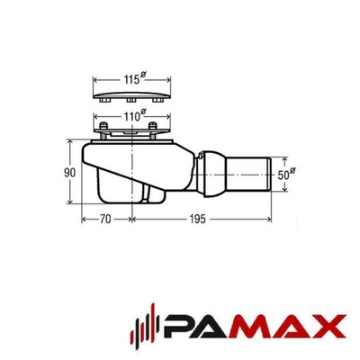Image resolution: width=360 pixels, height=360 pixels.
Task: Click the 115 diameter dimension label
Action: tap(134, 79)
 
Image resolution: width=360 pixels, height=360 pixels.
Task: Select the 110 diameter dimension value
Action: tap(134, 116)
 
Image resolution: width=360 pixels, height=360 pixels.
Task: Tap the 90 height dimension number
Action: tap(70, 173)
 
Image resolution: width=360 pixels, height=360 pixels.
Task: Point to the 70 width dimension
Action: tap(105, 220)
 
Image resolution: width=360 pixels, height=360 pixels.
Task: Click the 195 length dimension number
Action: tap(197, 220)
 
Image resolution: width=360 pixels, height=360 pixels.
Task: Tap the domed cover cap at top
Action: tap(132, 94)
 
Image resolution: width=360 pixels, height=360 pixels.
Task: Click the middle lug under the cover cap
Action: tap(131, 100)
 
